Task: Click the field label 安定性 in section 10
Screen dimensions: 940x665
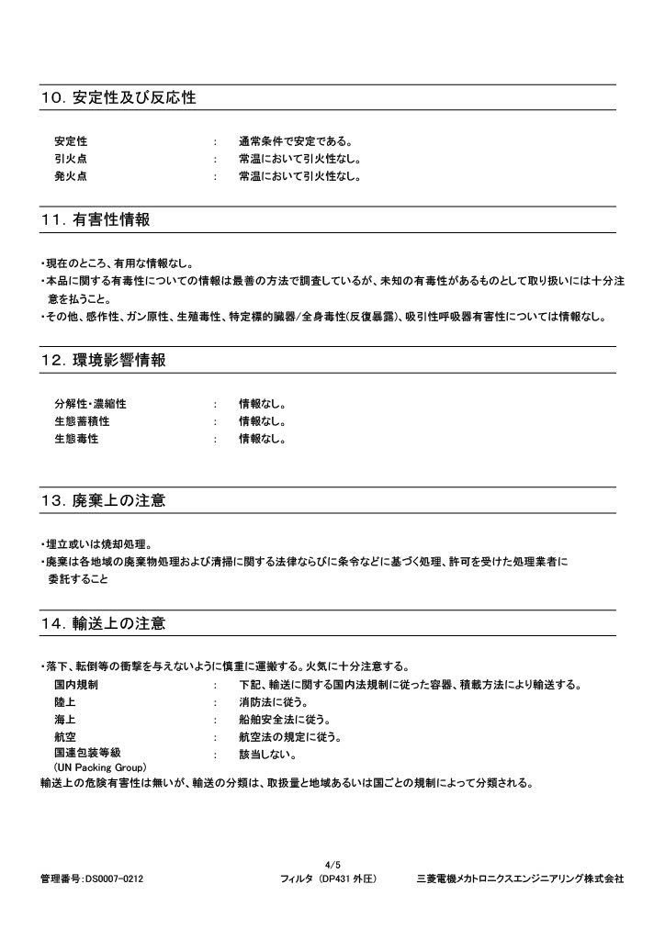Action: point(71,141)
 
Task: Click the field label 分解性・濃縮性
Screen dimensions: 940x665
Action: point(90,404)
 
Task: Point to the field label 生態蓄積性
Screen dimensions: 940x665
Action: point(82,421)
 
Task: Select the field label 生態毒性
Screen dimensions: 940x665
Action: point(76,439)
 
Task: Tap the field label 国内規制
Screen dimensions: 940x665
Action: point(76,685)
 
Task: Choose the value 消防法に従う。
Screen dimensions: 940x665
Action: point(273,702)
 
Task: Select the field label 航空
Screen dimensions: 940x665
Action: point(65,737)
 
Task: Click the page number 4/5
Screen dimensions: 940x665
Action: point(332,865)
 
